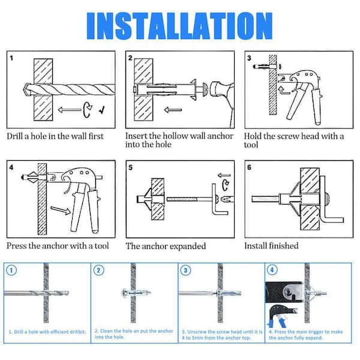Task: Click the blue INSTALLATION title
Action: (180, 25)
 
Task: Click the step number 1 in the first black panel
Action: (12, 58)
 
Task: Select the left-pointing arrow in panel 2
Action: (175, 110)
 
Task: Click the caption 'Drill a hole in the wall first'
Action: (55, 136)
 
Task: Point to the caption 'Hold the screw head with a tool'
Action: (294, 140)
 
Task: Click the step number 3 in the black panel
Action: (249, 58)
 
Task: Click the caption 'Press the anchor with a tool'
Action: (58, 245)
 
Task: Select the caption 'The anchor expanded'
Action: (166, 246)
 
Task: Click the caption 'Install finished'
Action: (271, 246)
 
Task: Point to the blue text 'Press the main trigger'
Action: (306, 331)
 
